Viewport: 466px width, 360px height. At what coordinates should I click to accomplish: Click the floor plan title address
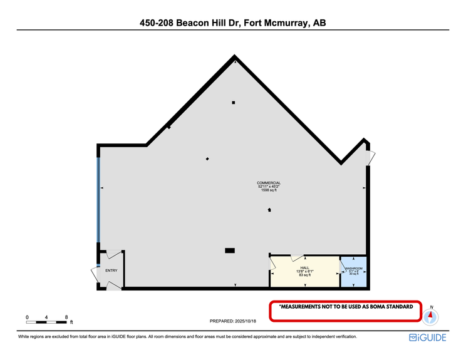[233, 23]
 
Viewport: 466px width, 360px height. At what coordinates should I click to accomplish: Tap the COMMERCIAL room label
[269, 183]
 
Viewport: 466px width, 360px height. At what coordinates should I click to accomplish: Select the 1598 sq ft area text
[269, 190]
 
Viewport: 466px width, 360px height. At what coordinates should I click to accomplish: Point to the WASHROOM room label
[353, 268]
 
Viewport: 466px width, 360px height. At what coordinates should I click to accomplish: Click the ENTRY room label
[111, 270]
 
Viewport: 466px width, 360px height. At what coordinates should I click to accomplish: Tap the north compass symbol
[430, 316]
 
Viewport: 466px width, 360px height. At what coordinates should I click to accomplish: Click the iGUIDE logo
[427, 337]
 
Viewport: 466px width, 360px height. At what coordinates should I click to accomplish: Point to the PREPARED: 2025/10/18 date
[235, 321]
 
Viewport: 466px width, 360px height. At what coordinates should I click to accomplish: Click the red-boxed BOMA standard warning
[345, 307]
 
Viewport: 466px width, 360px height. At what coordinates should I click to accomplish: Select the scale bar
[47, 322]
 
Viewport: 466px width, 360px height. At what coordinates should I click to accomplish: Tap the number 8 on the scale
[66, 317]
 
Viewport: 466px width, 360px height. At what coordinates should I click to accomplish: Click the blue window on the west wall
[98, 199]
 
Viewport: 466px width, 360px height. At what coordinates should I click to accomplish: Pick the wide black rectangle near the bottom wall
[230, 250]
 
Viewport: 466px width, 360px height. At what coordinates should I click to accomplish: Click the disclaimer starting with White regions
[187, 337]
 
